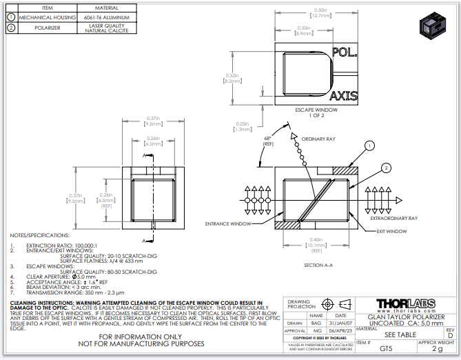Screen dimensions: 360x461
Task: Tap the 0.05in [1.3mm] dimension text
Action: (x=242, y=126)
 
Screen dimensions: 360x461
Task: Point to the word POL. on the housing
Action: (x=345, y=52)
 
